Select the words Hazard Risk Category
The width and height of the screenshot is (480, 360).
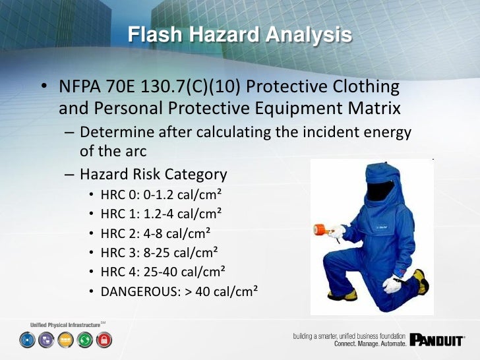tap(154, 175)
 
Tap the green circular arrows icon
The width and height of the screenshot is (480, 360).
tap(85, 340)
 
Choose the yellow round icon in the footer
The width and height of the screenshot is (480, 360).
tap(66, 340)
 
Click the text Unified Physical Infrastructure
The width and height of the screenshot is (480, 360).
tap(65, 325)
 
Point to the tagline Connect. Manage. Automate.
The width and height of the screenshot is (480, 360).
tap(369, 344)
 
